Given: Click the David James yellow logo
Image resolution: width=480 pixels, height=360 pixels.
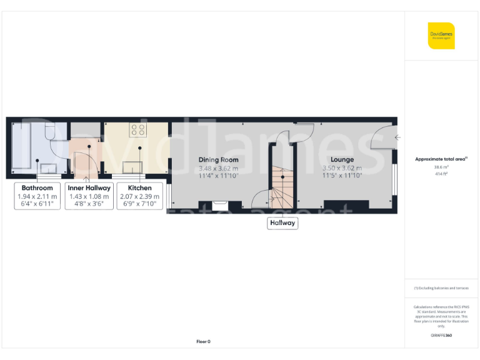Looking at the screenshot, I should (441, 36).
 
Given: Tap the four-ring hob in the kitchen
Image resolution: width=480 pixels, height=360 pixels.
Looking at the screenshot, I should (137, 130).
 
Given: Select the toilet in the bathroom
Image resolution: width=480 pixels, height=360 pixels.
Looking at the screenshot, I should (51, 132).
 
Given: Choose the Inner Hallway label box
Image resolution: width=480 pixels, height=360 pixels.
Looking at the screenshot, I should (89, 196).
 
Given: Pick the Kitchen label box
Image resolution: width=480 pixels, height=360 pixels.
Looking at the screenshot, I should (139, 196).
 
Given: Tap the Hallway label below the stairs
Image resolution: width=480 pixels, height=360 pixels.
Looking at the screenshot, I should (282, 222).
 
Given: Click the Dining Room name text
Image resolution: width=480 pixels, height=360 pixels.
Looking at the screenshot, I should (219, 160).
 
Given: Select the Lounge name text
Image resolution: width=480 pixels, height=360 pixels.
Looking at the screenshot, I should (342, 160).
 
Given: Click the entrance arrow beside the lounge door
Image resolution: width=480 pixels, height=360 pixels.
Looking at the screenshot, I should (397, 137).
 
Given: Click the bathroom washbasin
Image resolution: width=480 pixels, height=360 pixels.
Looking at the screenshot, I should (47, 167).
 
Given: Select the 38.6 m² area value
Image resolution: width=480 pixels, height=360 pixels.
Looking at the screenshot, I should (441, 167).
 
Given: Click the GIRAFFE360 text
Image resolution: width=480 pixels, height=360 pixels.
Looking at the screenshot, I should (441, 336).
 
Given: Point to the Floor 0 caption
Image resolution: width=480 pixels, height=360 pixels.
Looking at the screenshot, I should (203, 341).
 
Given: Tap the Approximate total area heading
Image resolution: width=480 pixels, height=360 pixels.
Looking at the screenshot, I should (440, 159).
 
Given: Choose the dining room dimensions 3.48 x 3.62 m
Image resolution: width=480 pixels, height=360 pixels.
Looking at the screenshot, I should (219, 168).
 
